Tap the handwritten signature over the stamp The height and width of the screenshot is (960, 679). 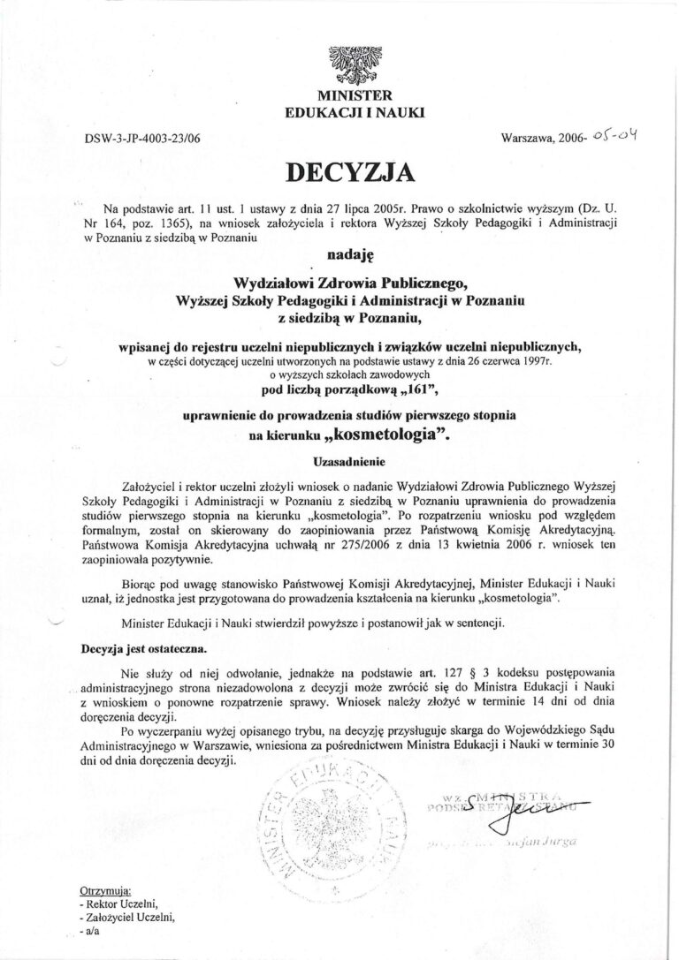pos(502,813)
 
